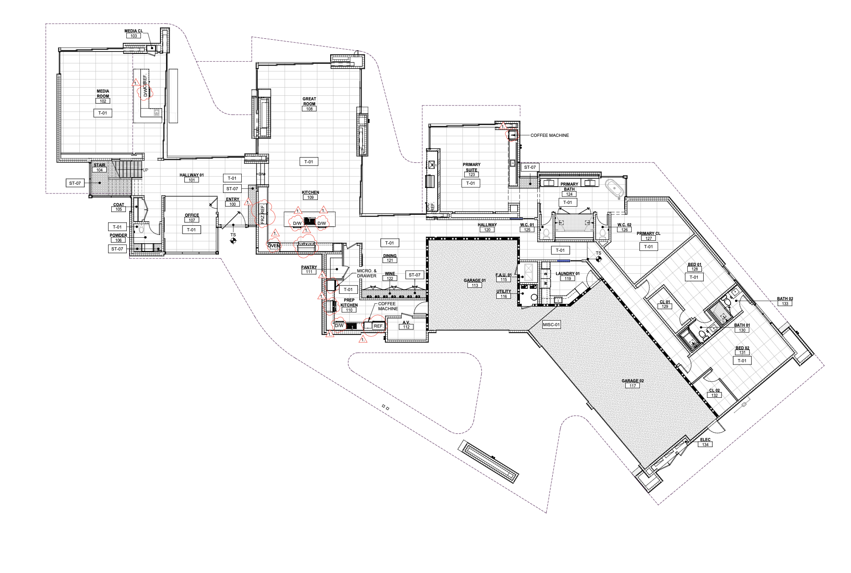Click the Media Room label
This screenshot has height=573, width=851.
point(103,94)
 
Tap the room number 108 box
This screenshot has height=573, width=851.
point(309,109)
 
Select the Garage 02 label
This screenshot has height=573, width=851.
point(633,381)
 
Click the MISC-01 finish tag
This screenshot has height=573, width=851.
point(551,325)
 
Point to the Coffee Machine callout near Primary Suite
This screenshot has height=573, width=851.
point(550,135)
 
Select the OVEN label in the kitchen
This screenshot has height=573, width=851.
point(274,246)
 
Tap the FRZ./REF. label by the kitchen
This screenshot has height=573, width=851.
point(263,214)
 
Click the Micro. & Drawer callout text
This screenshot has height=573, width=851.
point(367,273)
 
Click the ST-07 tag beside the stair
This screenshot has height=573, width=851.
point(75,183)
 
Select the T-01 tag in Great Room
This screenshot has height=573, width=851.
point(309,162)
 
